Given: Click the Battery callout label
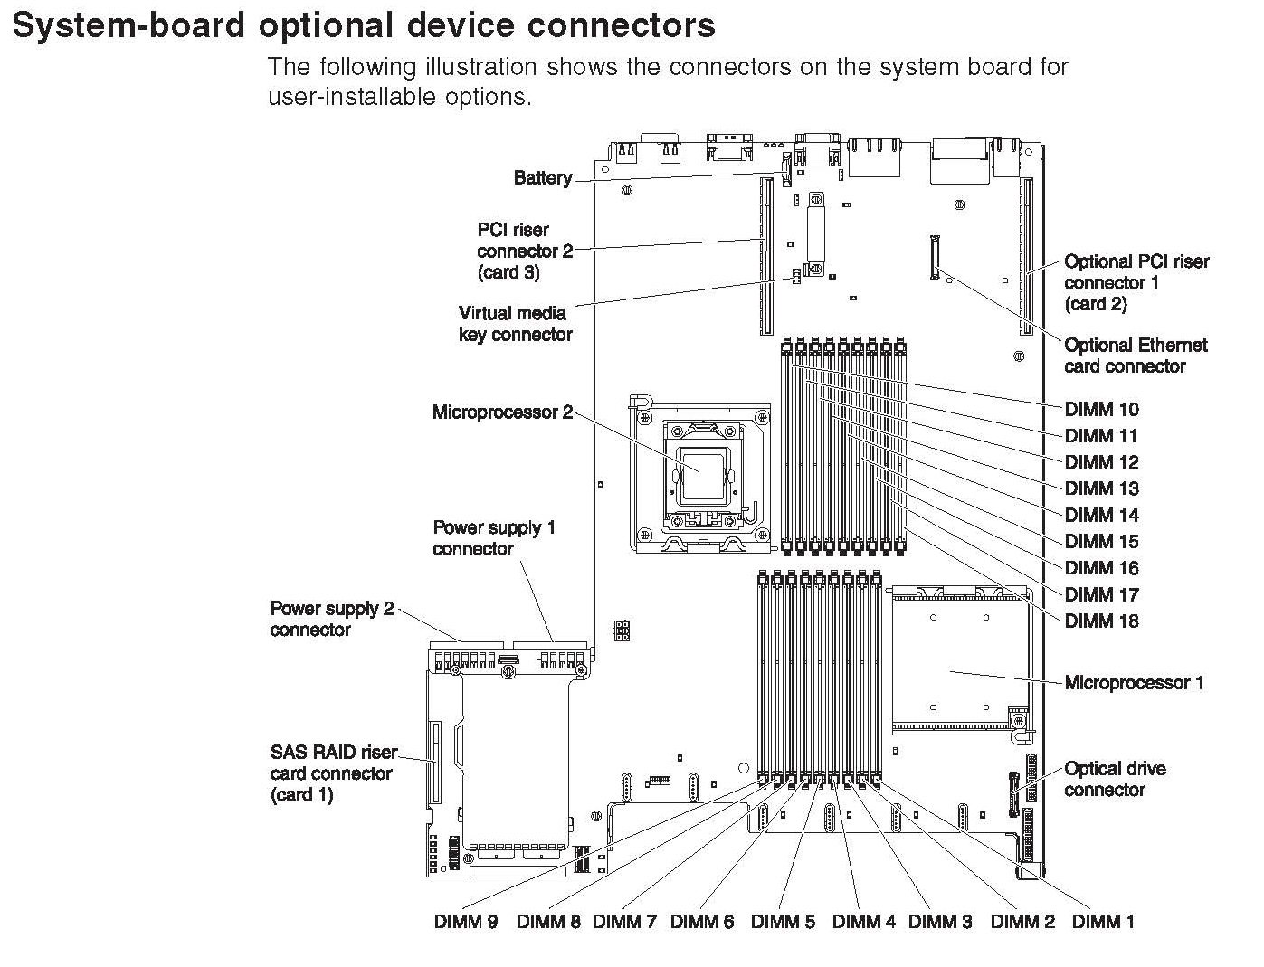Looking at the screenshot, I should coord(542,178).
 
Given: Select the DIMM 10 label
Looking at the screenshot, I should coord(1101,409).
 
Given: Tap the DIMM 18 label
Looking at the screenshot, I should coord(1101,621).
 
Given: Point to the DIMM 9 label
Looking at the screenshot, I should coord(466,922).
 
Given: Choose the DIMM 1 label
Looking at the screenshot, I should coord(1102,922).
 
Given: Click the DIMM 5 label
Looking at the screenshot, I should coord(783,922).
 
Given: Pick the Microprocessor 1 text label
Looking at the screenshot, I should coord(1134,683).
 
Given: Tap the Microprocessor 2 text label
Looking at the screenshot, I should coord(502,412).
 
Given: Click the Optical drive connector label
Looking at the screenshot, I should coord(1115,779).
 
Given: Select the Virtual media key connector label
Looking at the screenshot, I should coord(515,324).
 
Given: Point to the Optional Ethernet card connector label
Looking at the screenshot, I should coord(1136,356).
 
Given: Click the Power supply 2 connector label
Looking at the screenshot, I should coord(332,619).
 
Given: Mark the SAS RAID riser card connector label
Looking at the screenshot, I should coord(333,773).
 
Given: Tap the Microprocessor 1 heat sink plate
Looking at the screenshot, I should coord(959,661).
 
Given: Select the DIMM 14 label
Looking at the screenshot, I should coord(1101,515).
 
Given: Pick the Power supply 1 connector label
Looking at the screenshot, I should coord(493,538).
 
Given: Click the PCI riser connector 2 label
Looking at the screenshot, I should coord(525,251).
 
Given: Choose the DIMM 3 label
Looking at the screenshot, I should coord(940,922).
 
